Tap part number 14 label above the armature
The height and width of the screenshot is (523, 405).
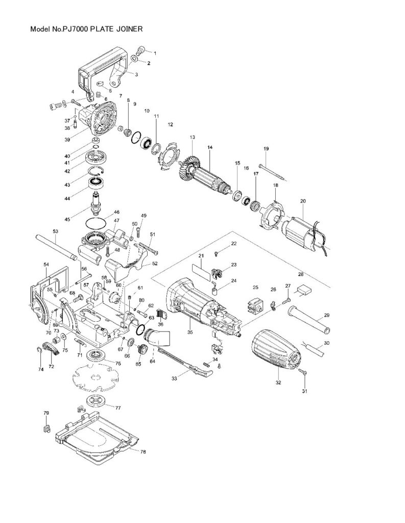[x=209, y=148]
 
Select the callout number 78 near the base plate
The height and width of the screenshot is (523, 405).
[x=143, y=451]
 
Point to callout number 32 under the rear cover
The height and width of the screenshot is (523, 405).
[x=278, y=382]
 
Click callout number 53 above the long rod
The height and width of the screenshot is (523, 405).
[x=56, y=231]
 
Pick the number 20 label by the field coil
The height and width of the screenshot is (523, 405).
[x=302, y=201]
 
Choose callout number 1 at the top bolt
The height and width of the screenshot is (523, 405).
[x=155, y=53]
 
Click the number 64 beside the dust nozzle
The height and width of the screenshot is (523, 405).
[x=152, y=361]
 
